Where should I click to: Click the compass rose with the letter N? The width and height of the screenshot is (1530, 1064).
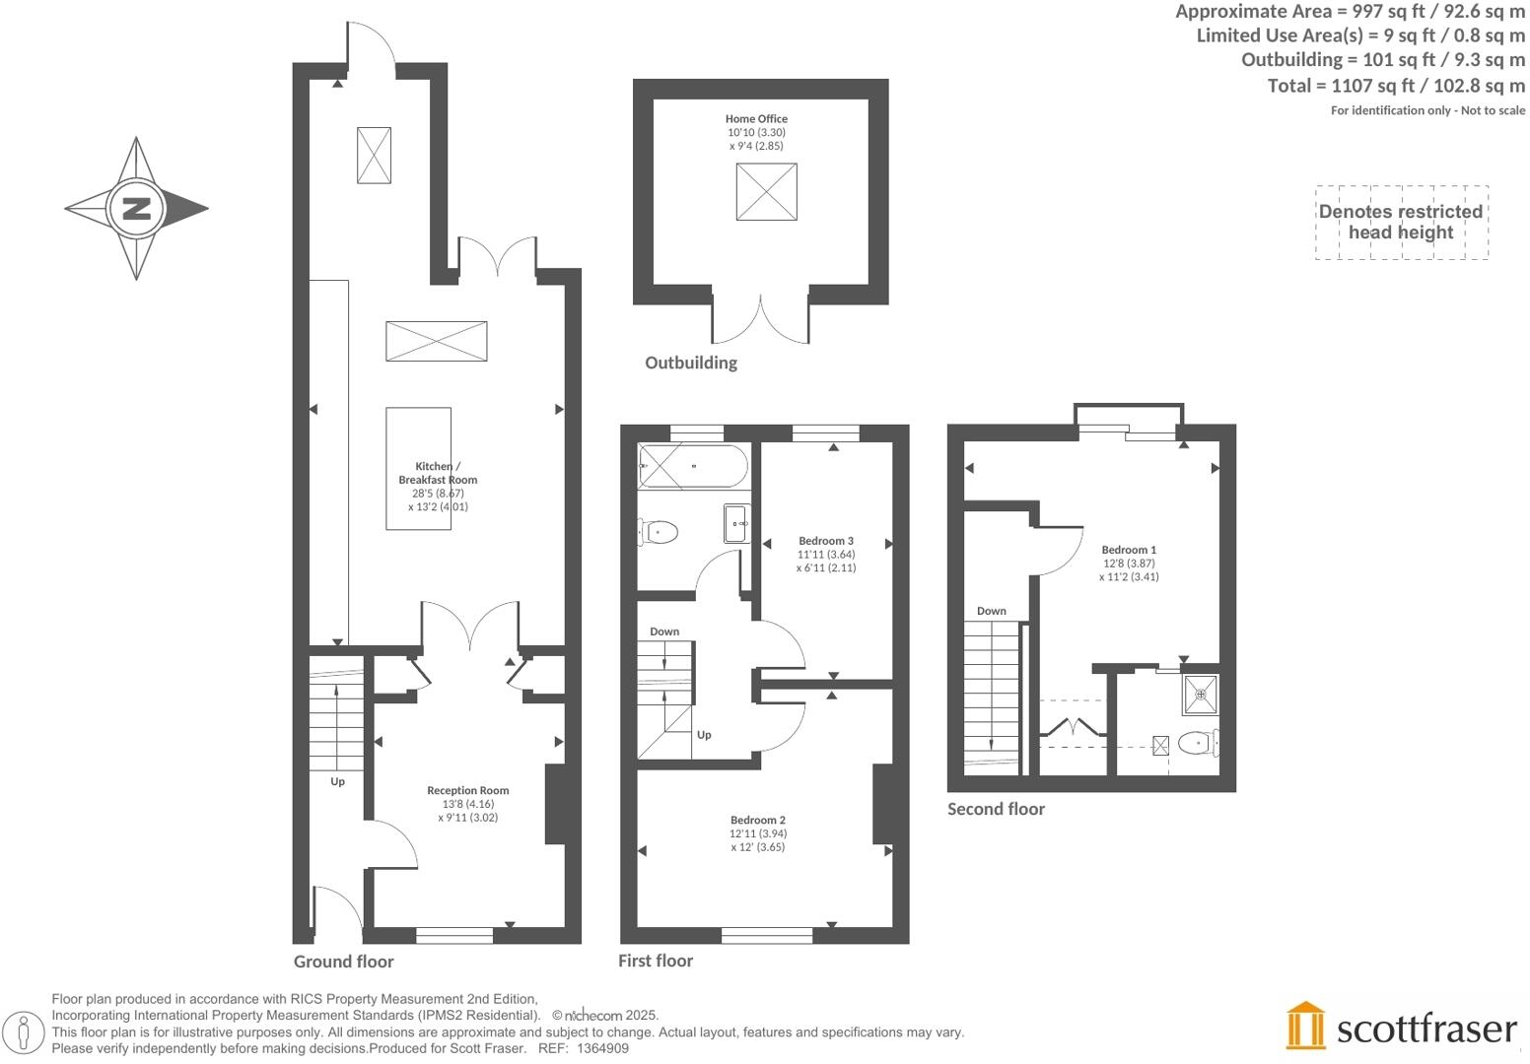pos(136,209)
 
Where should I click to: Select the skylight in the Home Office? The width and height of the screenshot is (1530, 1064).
pos(766,191)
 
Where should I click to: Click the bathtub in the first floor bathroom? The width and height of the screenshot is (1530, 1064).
pos(692,466)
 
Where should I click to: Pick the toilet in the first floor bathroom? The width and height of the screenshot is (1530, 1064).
pos(658,533)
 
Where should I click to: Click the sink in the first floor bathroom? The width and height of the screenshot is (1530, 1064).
pos(736,523)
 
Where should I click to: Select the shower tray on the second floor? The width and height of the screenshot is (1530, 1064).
pos(1200,695)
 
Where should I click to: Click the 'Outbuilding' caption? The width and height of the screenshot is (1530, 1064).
pos(690,363)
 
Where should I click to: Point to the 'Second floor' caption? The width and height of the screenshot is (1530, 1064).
pos(996,809)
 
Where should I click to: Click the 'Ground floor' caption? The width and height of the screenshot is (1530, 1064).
pos(343,962)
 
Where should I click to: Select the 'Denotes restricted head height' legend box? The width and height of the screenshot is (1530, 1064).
pos(1401,223)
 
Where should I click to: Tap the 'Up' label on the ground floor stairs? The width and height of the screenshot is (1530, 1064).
pos(337,781)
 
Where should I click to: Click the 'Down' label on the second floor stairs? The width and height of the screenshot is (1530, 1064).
pos(991,611)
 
